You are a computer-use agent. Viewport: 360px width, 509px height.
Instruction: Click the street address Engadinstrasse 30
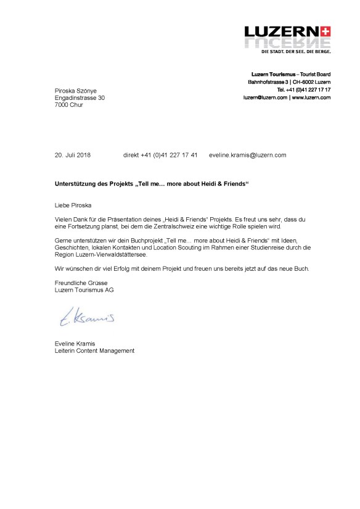[80, 97]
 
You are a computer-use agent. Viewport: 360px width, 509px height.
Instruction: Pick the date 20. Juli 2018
[73, 155]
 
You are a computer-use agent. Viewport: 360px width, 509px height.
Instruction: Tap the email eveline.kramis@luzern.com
[248, 155]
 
